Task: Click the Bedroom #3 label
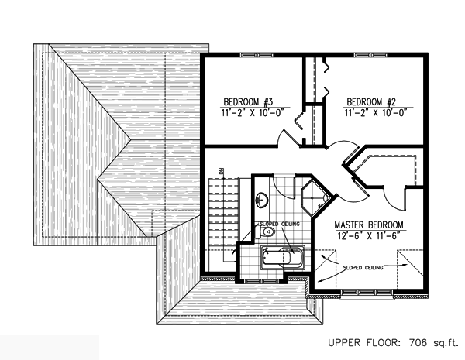[x=248, y=102]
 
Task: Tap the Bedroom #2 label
[x=371, y=102]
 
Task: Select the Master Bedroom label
[x=369, y=225]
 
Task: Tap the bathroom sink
[x=261, y=200]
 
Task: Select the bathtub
[x=283, y=258]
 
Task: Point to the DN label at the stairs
[x=222, y=171]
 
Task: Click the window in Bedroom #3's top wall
[x=257, y=55]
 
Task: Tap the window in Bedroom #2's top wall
[x=371, y=55]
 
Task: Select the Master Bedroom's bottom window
[x=367, y=293]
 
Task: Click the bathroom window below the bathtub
[x=262, y=281]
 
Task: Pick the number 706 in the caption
[x=418, y=343]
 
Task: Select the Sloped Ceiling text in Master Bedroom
[x=363, y=268]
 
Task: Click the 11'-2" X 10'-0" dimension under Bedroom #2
[x=375, y=113]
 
